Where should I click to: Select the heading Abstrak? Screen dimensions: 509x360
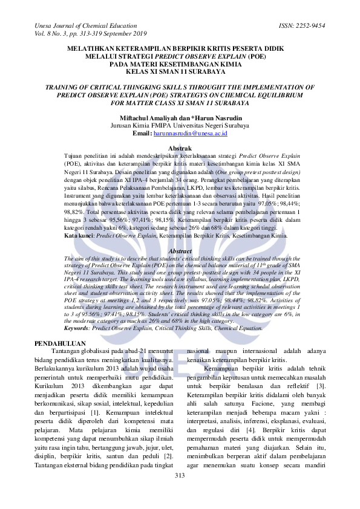tap(179, 148)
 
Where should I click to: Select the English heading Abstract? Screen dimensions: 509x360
tap(180, 250)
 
